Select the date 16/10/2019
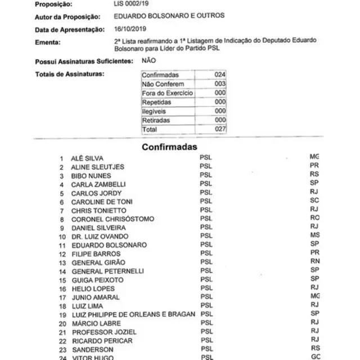tap(130, 29)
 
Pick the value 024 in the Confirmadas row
tap(220, 75)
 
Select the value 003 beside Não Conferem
tap(220, 84)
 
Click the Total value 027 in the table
tap(220, 129)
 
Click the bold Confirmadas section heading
tap(169, 147)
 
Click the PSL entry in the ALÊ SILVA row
tap(206, 158)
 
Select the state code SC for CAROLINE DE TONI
tap(314, 201)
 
